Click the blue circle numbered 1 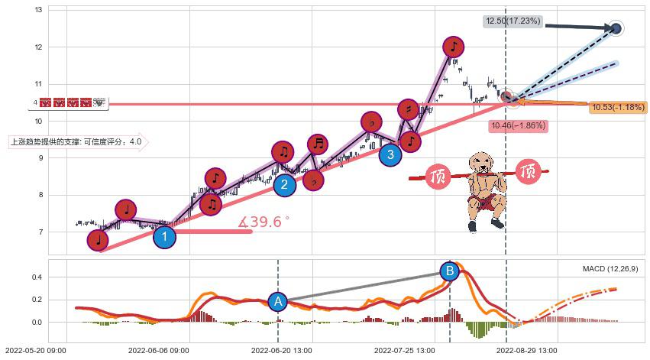(164, 236)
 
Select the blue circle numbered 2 (284, 184)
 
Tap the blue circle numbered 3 (390, 155)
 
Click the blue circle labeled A (277, 302)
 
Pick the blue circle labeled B (450, 271)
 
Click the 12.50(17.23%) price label (513, 21)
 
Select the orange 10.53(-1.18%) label (618, 107)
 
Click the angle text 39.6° (264, 222)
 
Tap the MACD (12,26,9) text (610, 269)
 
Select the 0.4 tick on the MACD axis (35, 277)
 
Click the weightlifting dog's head (481, 163)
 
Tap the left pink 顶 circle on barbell (438, 177)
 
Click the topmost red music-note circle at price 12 (454, 47)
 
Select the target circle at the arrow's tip (616, 28)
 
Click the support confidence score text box (76, 141)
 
